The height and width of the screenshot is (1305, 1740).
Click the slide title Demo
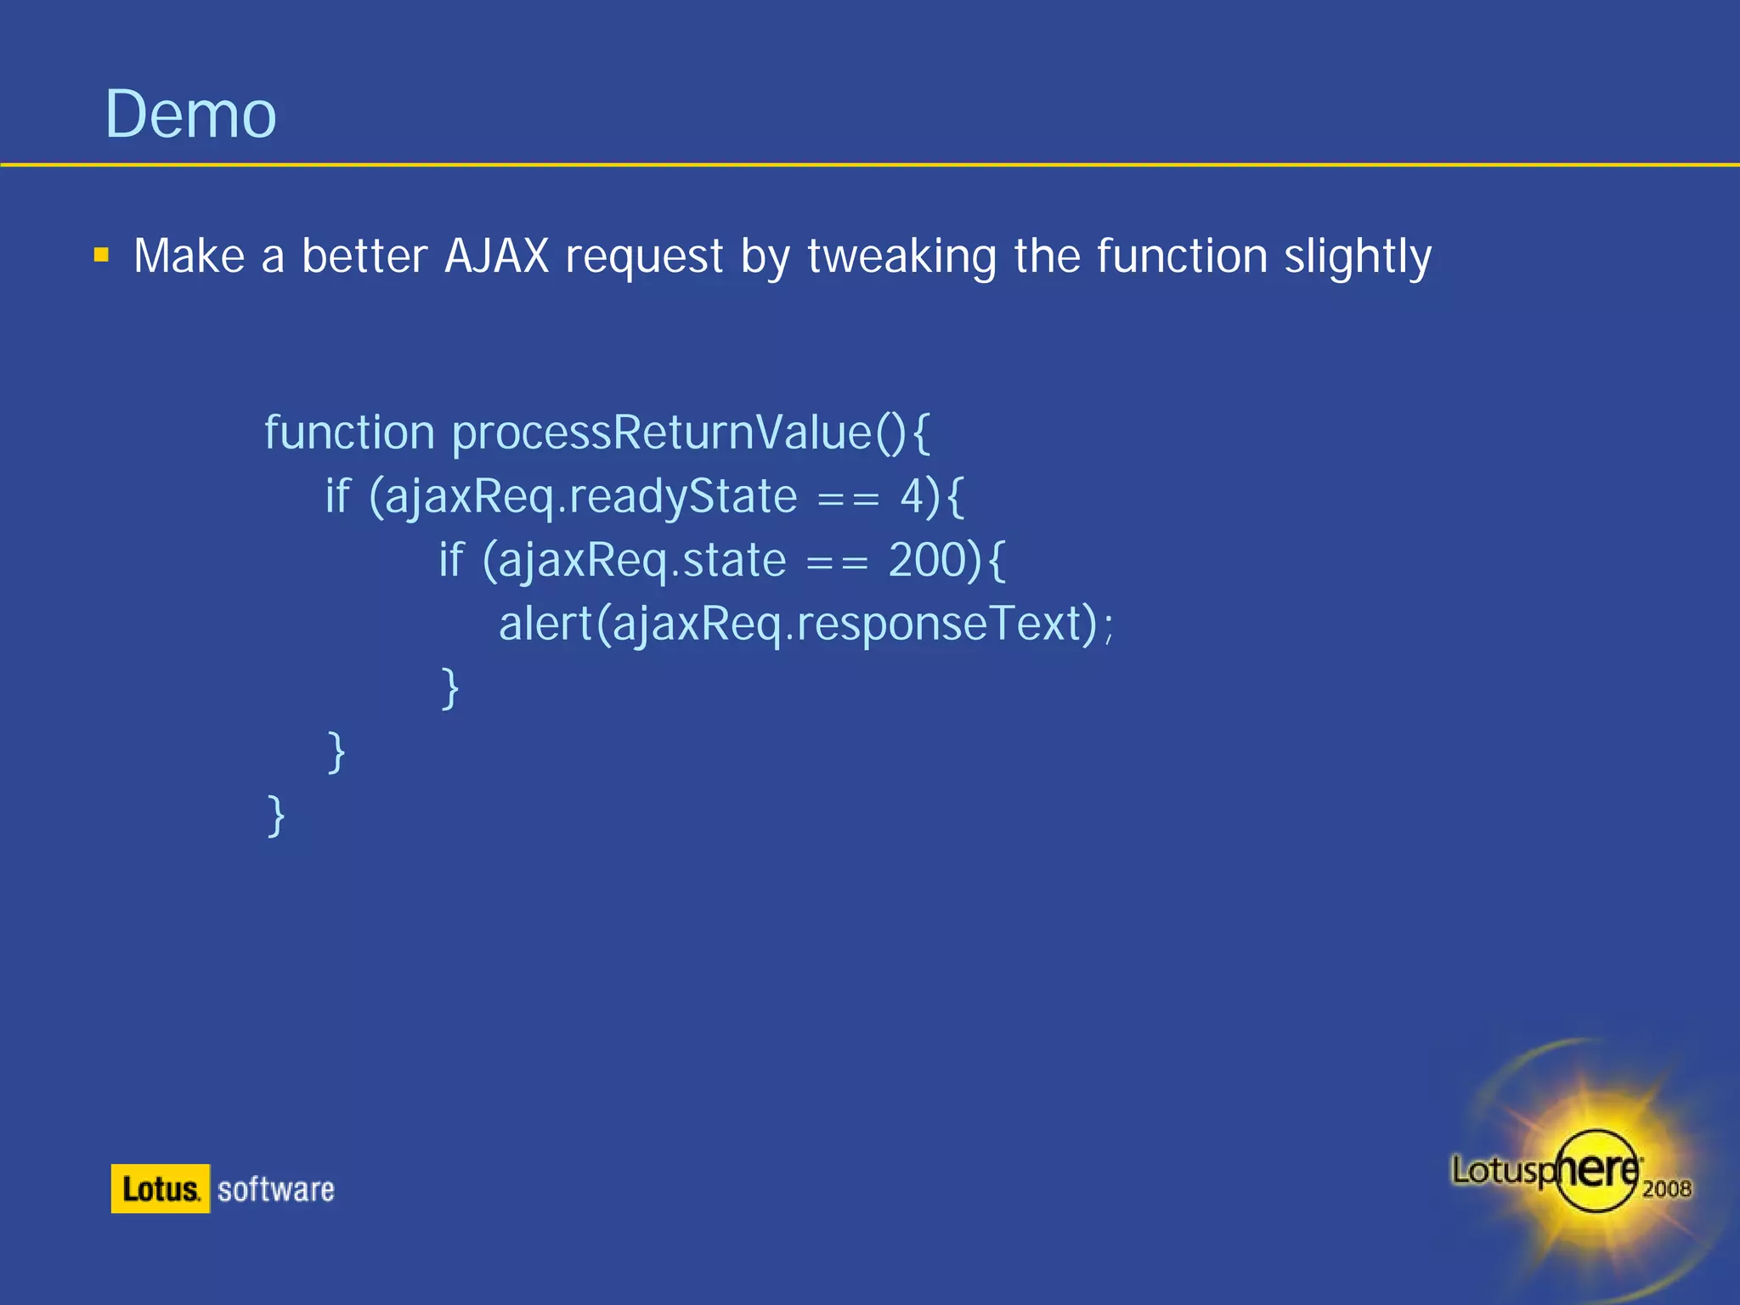click(190, 115)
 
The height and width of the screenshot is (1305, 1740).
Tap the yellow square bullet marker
click(102, 255)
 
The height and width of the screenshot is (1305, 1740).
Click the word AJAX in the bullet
click(497, 256)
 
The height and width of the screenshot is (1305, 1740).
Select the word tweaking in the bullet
click(901, 257)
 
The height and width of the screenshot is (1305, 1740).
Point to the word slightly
click(1357, 257)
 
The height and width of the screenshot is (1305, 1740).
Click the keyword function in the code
click(349, 432)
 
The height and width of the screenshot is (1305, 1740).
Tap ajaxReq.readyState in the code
click(590, 497)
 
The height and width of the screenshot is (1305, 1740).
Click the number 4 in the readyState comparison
click(912, 496)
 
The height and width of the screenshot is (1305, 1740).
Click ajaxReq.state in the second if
click(641, 562)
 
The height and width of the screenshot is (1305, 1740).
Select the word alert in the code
click(545, 624)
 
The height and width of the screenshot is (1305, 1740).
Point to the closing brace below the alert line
click(450, 689)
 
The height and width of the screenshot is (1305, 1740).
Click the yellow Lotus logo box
click(160, 1189)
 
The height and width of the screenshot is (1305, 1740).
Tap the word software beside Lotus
click(275, 1189)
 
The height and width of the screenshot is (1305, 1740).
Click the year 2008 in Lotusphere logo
click(1666, 1189)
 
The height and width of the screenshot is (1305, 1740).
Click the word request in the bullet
click(644, 257)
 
